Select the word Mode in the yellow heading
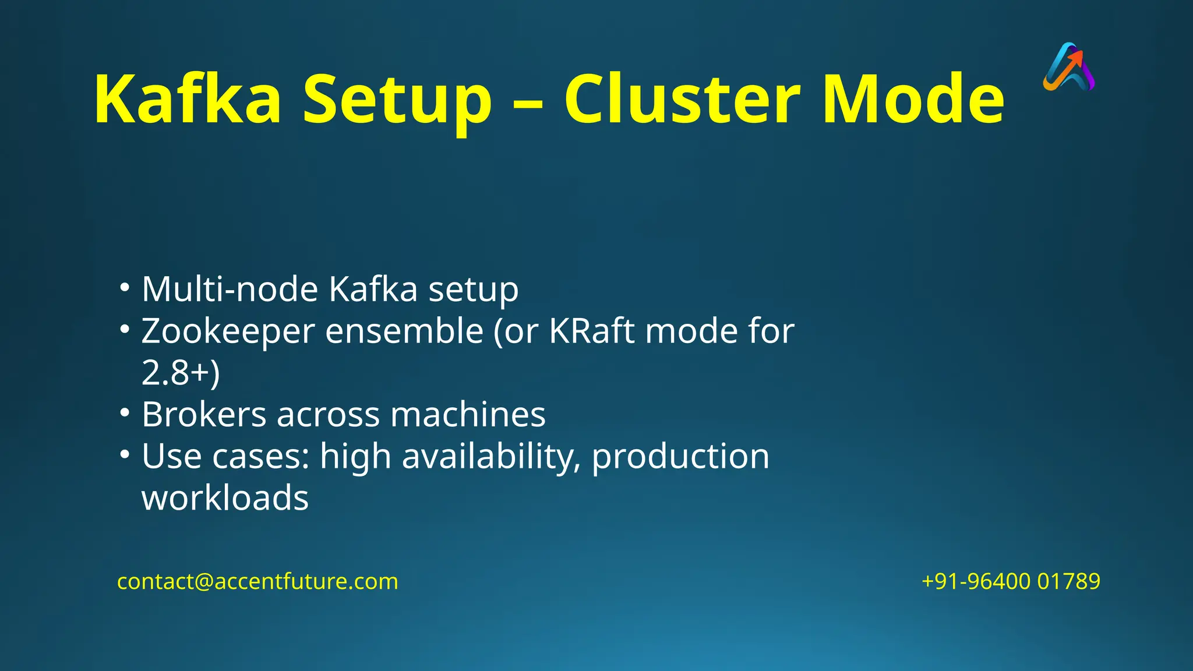point(913,99)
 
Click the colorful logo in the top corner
point(1069,67)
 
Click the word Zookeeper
point(228,331)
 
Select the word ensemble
point(404,331)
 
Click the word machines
point(468,415)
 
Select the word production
point(680,457)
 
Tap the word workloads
point(225,499)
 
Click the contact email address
point(257,581)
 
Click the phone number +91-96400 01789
point(1011,581)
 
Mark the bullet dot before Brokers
point(124,412)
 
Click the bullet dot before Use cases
point(124,454)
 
